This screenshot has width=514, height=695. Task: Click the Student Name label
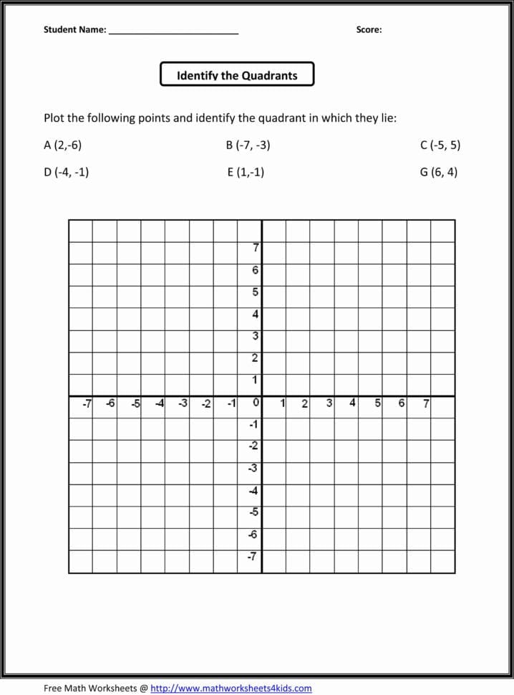pos(74,30)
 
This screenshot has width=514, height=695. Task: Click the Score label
pos(369,30)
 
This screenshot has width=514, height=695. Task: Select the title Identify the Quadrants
pos(237,75)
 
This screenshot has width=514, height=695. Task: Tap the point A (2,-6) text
pos(63,145)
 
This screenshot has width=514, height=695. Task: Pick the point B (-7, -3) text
pos(248,145)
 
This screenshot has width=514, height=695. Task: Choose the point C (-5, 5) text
pos(440,145)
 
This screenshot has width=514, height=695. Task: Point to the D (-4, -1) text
pos(66,172)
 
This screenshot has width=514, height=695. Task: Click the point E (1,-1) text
pos(246,172)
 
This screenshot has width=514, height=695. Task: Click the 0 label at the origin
pos(256,403)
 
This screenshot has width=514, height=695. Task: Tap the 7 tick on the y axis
pos(256,249)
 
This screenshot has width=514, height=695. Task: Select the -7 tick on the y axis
pos(252,557)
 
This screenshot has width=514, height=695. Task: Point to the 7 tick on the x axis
pos(426,403)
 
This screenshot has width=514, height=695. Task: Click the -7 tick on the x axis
pos(87,403)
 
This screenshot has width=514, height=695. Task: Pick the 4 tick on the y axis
pos(256,315)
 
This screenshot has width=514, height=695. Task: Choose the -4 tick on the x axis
pos(160,403)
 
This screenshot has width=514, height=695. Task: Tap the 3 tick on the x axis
pos(329,403)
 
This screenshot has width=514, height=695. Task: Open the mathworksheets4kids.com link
pos(231,689)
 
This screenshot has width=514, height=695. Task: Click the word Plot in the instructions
pos(54,118)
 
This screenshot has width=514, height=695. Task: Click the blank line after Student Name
pos(173,32)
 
